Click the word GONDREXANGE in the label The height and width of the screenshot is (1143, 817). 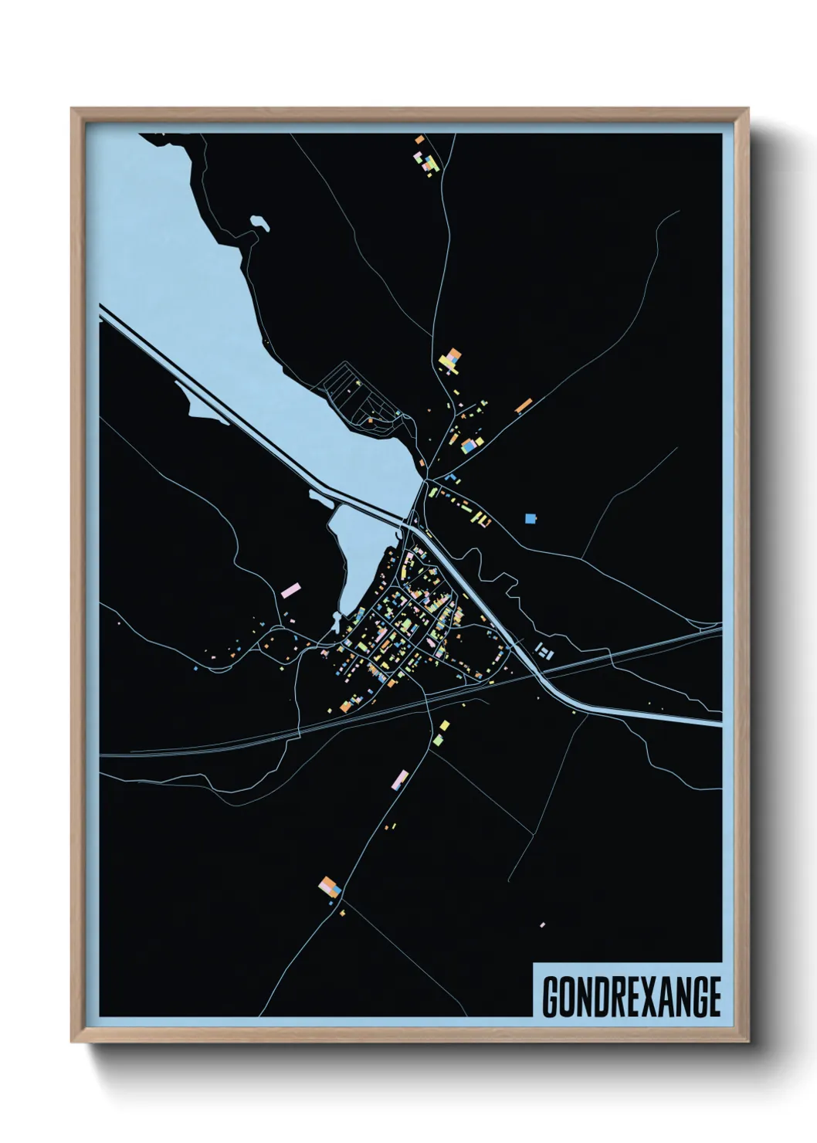[632, 997]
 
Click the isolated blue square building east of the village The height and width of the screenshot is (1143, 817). [530, 518]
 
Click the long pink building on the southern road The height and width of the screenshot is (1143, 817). [401, 776]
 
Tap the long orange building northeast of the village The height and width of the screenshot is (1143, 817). [524, 405]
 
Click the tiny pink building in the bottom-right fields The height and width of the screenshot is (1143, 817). [543, 924]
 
